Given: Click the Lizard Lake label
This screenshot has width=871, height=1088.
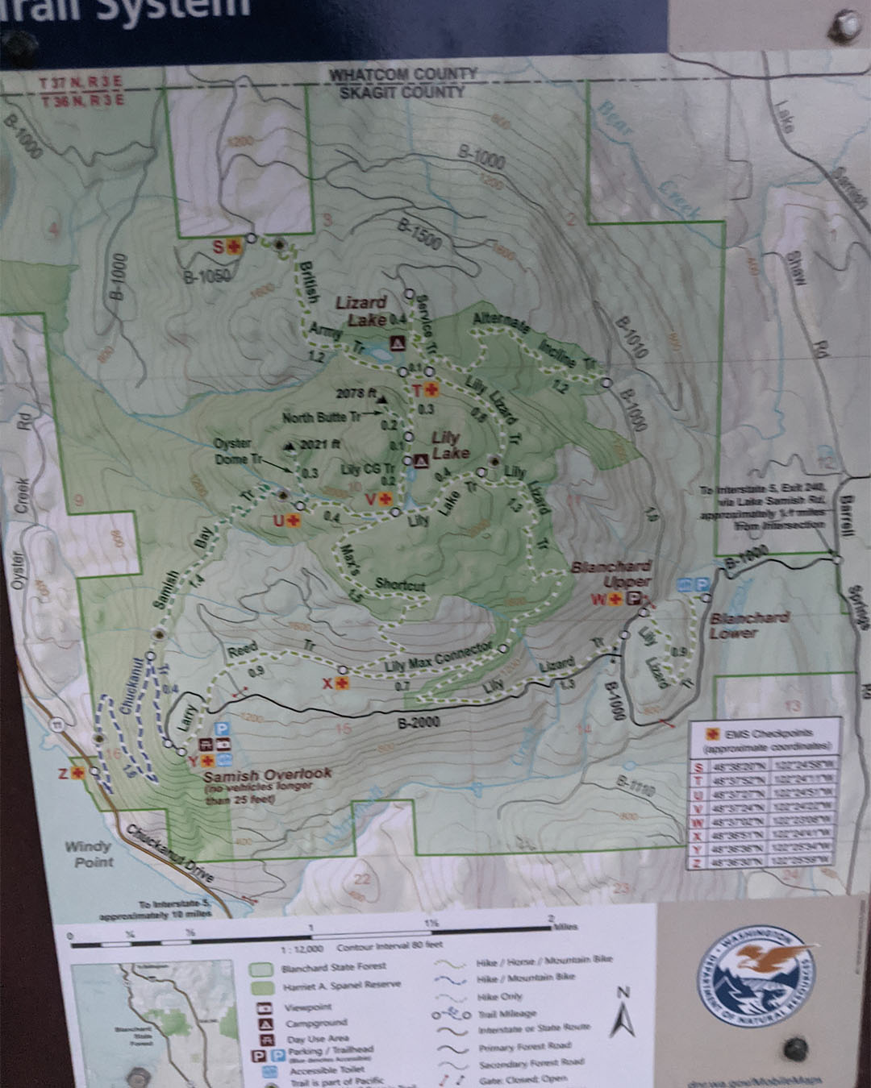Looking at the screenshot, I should pyautogui.click(x=360, y=310).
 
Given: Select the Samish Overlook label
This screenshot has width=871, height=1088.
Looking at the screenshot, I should pyautogui.click(x=267, y=774).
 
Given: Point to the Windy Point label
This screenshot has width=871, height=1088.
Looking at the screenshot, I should pyautogui.click(x=90, y=853).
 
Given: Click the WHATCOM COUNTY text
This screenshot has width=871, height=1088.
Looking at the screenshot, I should pyautogui.click(x=402, y=74).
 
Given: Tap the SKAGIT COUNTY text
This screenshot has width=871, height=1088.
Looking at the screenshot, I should pyautogui.click(x=402, y=92).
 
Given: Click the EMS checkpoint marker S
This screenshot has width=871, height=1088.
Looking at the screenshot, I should pyautogui.click(x=234, y=247).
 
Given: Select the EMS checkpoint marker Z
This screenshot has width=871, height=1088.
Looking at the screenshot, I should pyautogui.click(x=77, y=773).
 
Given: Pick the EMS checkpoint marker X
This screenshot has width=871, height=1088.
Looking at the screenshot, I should pyautogui.click(x=342, y=683).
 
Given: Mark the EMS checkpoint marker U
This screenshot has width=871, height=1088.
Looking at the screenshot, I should pyautogui.click(x=293, y=520).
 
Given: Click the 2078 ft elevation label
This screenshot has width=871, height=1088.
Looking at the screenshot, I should pyautogui.click(x=356, y=393).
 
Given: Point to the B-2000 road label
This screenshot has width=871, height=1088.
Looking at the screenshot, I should pyautogui.click(x=419, y=723).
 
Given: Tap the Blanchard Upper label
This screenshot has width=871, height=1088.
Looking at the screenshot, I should pyautogui.click(x=611, y=574).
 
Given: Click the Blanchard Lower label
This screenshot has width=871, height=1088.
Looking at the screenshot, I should pyautogui.click(x=748, y=625).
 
